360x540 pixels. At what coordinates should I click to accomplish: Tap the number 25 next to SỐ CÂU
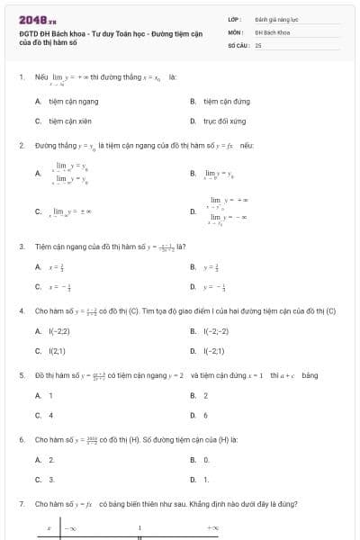(258, 44)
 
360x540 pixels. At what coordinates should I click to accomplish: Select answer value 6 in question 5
(205, 415)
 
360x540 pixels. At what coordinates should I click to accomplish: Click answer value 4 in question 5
(50, 415)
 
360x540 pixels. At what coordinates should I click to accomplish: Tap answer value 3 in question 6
(50, 479)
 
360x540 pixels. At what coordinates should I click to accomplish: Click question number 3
(21, 246)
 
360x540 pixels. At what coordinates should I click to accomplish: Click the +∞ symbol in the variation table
(212, 528)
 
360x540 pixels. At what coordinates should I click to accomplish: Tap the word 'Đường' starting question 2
(45, 144)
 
